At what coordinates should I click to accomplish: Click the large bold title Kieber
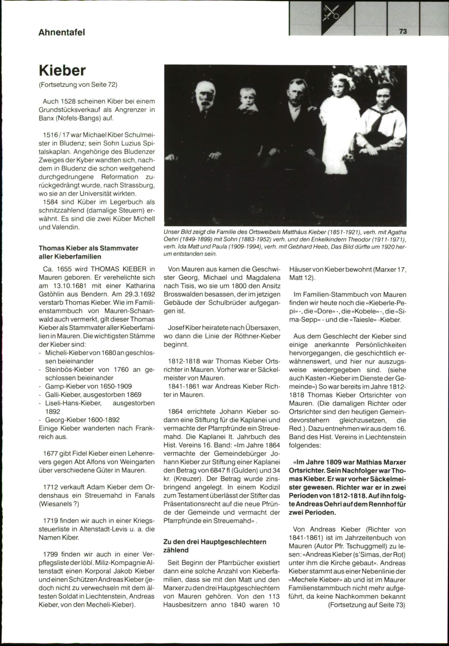tap(62, 70)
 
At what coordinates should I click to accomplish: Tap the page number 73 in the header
tap(403, 32)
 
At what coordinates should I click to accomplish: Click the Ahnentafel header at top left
tap(62, 32)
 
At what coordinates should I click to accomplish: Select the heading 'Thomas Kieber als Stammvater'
tap(89, 248)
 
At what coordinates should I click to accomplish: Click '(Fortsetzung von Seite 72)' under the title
tap(78, 85)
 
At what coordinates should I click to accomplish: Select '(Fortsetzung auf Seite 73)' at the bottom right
tap(367, 605)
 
